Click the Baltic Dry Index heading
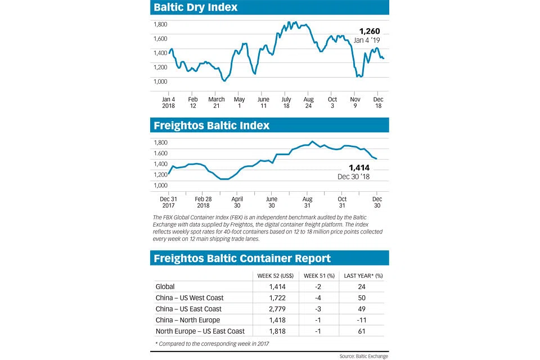click(x=196, y=7)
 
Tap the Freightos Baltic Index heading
click(x=211, y=125)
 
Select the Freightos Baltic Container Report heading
click(x=242, y=258)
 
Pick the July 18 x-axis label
click(x=286, y=102)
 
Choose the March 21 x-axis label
click(x=217, y=102)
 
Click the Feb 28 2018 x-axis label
click(x=203, y=202)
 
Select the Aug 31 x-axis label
click(x=308, y=202)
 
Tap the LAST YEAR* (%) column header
click(x=363, y=275)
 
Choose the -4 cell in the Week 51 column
click(x=318, y=298)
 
